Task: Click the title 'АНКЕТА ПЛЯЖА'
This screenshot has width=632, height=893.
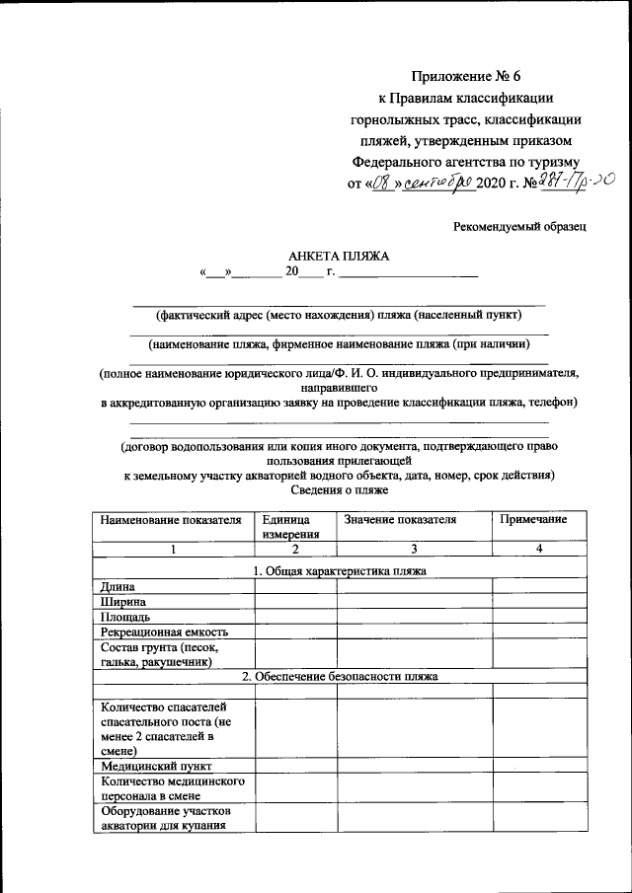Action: tap(339, 256)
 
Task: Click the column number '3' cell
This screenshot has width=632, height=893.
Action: tap(415, 549)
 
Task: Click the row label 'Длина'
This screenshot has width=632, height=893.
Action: tap(118, 586)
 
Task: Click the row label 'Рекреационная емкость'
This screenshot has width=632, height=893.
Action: tap(164, 632)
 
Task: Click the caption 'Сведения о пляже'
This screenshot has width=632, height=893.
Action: tap(341, 489)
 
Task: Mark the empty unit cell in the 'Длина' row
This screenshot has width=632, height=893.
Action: tap(295, 586)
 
